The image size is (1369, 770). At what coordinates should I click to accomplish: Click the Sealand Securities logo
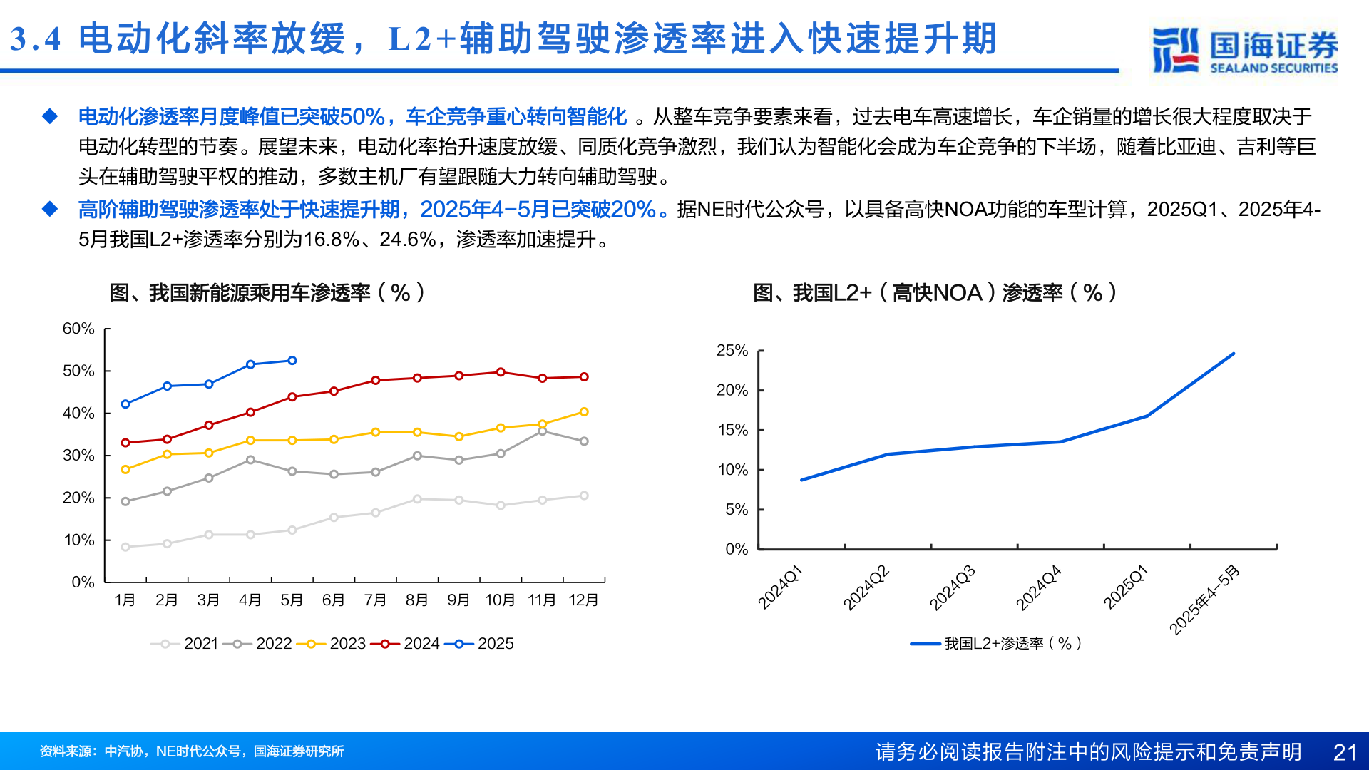point(1245,50)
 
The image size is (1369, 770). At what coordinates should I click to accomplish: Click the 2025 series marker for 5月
point(292,361)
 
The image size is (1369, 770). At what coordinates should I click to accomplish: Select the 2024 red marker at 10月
point(501,372)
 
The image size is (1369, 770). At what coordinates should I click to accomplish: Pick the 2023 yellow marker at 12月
point(584,412)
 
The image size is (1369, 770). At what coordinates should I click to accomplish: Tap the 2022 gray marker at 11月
point(543,431)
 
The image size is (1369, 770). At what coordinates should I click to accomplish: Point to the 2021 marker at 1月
point(125,547)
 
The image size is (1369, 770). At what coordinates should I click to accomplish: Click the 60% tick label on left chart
point(78,329)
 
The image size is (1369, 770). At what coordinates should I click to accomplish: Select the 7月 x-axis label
point(375,600)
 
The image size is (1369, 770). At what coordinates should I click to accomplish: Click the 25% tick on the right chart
point(732,351)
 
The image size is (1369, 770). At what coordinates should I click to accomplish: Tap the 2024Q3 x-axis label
point(953,587)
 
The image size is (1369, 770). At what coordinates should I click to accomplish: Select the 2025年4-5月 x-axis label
point(1205,600)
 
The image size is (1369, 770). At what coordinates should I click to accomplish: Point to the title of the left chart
point(267,292)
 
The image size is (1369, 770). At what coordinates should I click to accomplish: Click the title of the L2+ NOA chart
point(934,292)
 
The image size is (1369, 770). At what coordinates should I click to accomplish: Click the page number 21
point(1345,752)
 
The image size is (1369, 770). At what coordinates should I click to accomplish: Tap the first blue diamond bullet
point(50,116)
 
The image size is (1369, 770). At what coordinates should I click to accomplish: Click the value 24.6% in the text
point(407,240)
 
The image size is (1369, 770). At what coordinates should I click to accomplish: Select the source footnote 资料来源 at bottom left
point(192,751)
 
